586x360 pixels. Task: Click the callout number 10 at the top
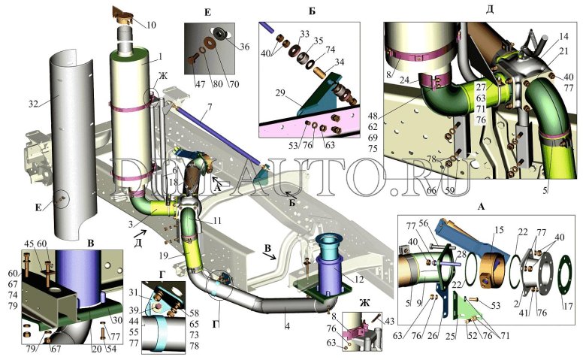pyautogui.click(x=151, y=26)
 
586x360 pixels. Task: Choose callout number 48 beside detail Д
pyautogui.click(x=373, y=115)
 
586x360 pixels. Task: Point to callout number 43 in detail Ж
pyautogui.click(x=388, y=322)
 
